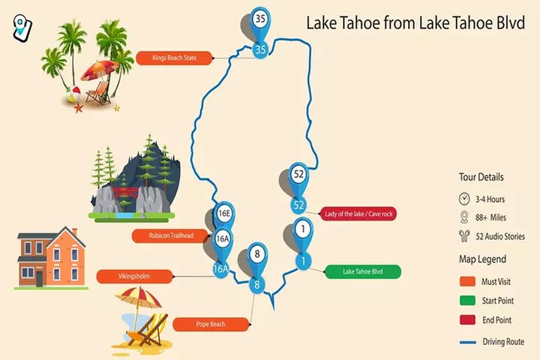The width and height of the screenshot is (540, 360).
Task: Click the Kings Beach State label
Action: pos(174,57)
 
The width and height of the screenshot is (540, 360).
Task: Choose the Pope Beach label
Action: pos(210,324)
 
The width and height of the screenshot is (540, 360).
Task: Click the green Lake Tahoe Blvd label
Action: pos(362,271)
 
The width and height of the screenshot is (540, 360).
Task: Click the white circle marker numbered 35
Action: pos(260,19)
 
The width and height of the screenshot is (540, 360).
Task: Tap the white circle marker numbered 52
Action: pos(298,175)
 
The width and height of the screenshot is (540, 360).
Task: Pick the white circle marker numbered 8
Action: pos(257,255)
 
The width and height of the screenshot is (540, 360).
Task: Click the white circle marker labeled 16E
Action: pos(223,214)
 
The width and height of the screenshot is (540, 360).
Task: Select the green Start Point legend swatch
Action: pos(468,301)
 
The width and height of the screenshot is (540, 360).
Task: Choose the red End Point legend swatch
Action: pos(468,321)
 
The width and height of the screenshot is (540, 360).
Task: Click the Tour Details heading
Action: pos(481,177)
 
